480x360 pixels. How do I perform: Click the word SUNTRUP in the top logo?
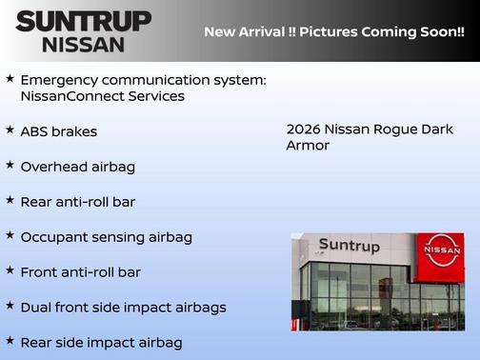(84, 21)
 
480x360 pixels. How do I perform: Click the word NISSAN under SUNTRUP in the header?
(84, 44)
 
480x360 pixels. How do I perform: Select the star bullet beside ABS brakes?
(10, 130)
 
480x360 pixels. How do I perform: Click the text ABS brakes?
(58, 131)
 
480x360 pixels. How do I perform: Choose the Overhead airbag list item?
(77, 167)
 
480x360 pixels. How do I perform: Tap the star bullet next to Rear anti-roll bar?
(10, 200)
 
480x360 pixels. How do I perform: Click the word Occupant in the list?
(55, 237)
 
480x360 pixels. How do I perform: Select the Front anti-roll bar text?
(80, 272)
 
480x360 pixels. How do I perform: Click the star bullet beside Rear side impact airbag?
(10, 340)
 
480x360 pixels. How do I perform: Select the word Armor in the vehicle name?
(308, 146)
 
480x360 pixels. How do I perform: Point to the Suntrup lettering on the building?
(349, 246)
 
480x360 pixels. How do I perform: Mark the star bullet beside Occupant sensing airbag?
(10, 235)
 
